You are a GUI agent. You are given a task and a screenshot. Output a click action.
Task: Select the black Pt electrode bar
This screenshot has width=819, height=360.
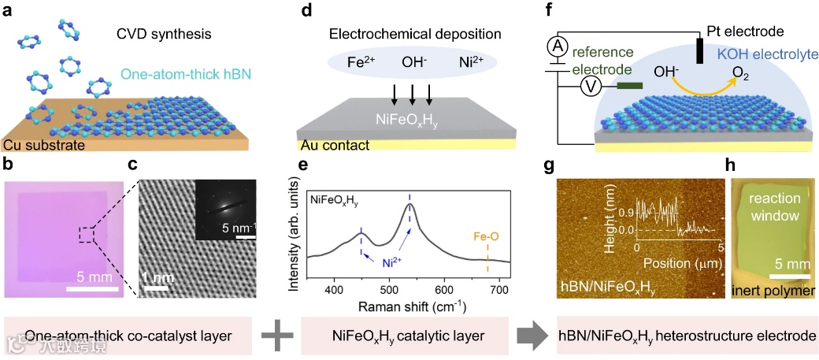(699, 50)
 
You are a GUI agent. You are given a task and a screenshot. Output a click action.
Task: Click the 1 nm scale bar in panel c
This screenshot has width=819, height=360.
(156, 287)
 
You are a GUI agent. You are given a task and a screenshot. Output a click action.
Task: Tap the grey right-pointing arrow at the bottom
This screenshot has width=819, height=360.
(532, 334)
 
